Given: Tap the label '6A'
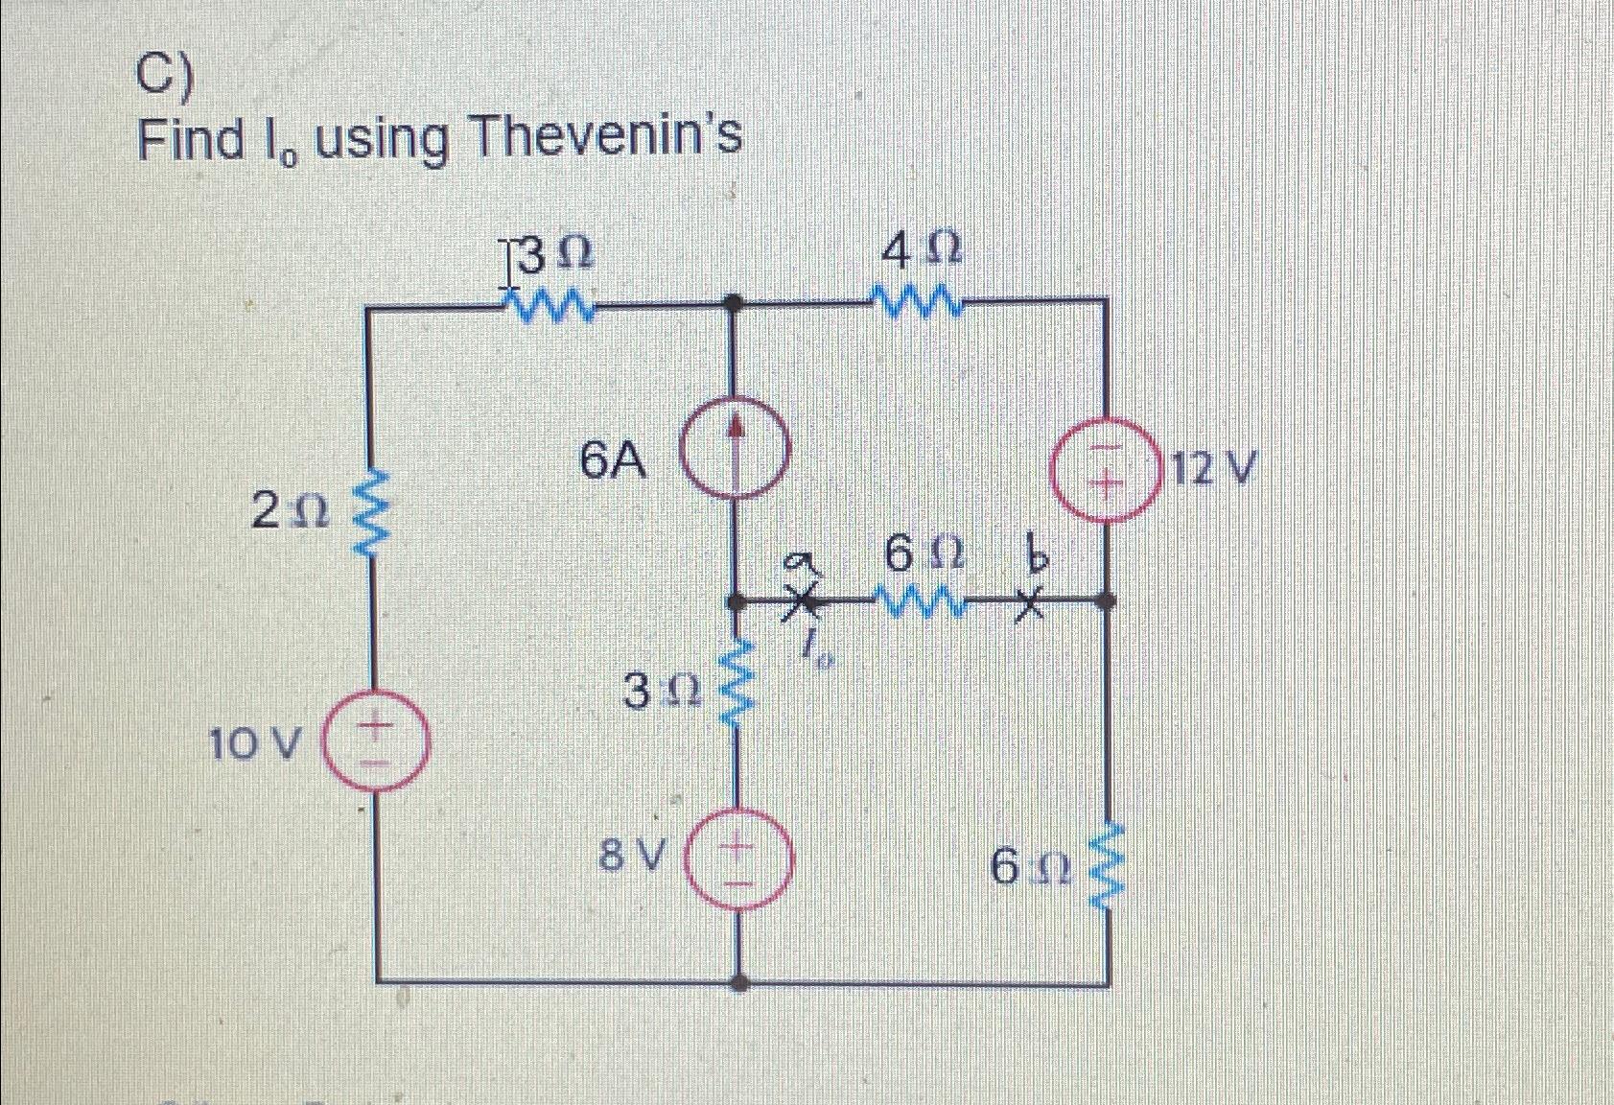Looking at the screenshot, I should pos(614,462).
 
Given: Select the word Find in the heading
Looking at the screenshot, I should pos(192,139).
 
